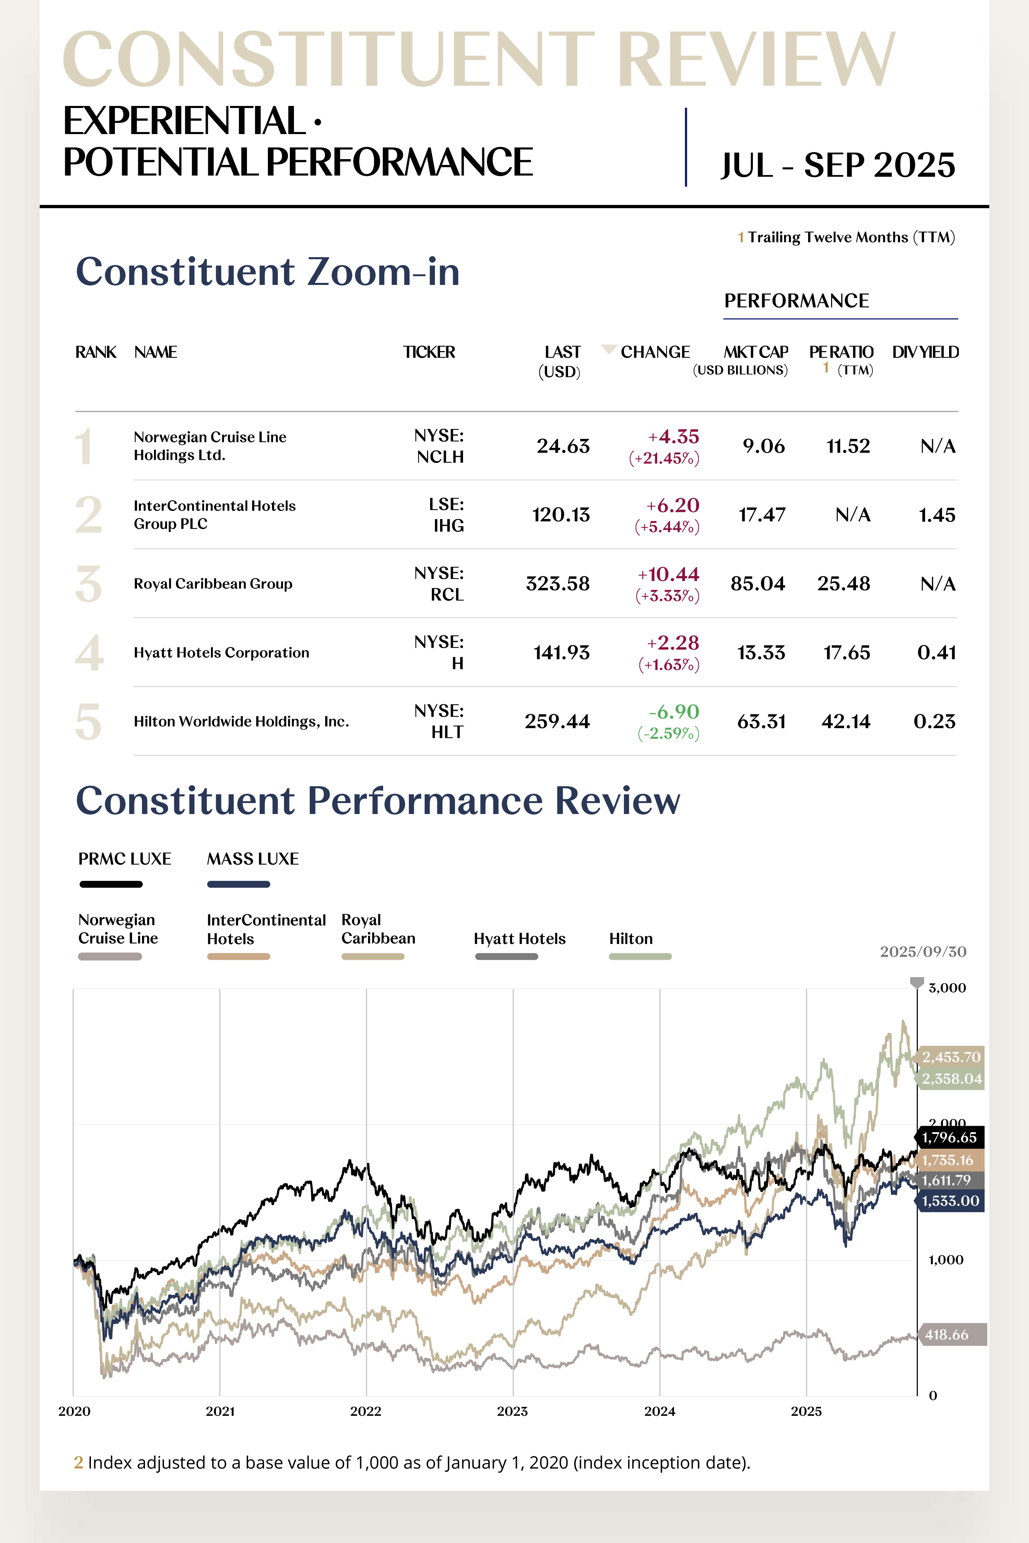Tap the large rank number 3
pyautogui.click(x=88, y=584)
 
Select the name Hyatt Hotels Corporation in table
pyautogui.click(x=221, y=653)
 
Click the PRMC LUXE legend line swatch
pyautogui.click(x=111, y=884)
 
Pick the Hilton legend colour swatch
pyautogui.click(x=640, y=957)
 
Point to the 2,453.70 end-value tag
pyautogui.click(x=950, y=1057)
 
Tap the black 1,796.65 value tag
pyautogui.click(x=949, y=1138)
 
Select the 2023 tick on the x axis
pyautogui.click(x=512, y=1411)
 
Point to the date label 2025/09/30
pyautogui.click(x=923, y=951)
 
